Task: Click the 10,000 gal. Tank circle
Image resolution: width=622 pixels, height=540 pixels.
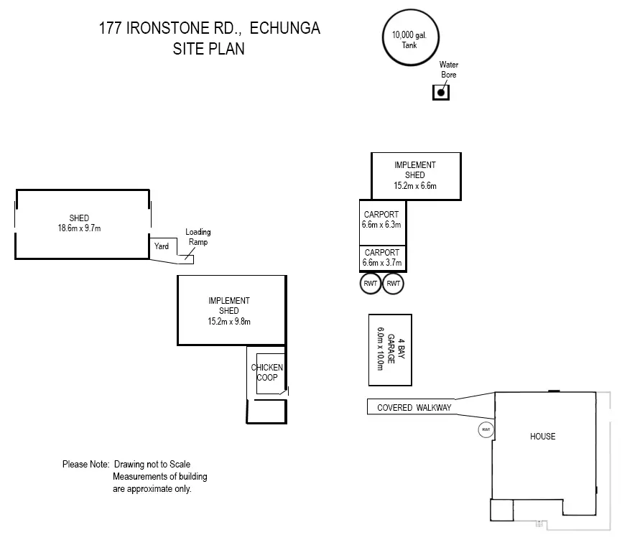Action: point(411,9)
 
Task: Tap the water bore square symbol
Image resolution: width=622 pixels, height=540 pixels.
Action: point(441,93)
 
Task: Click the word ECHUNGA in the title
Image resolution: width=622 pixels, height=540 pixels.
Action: point(285,28)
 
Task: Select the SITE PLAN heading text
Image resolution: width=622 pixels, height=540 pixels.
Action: point(209,49)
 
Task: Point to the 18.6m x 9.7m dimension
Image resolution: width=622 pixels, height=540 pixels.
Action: point(79,228)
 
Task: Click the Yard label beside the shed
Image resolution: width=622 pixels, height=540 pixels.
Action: point(162,246)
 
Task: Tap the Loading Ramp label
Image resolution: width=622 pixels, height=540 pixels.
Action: point(198,237)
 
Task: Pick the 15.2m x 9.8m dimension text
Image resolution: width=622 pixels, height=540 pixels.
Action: point(229,322)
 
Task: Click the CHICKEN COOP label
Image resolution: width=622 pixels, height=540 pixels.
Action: point(267,372)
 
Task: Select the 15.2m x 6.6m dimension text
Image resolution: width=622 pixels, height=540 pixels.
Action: point(415,185)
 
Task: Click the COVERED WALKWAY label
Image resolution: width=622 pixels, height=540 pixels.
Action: point(414,408)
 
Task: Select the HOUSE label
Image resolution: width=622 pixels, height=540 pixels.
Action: point(543,437)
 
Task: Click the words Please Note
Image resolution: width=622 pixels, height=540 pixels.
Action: point(85,465)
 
